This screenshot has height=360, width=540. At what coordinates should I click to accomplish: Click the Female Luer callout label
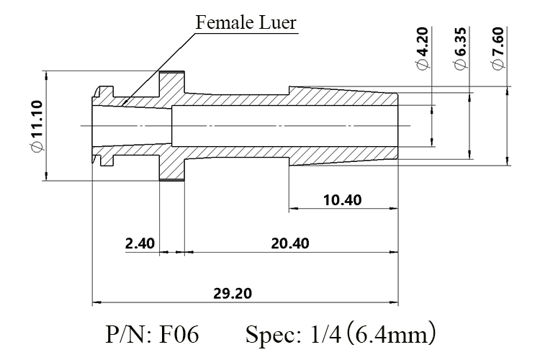(x=246, y=23)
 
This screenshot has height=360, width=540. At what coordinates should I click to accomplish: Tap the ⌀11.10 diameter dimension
(x=37, y=126)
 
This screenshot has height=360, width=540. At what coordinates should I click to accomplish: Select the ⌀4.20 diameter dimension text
(x=422, y=48)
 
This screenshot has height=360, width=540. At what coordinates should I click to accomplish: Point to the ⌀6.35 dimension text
(x=460, y=48)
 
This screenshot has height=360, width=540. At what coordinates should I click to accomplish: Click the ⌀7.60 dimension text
(x=498, y=48)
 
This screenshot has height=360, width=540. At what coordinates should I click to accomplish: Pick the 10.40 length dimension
(x=343, y=200)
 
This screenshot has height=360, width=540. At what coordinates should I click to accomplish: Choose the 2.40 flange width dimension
(x=140, y=243)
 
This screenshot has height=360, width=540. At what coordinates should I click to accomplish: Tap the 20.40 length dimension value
(x=290, y=243)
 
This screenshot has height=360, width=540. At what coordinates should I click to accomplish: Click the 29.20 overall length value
(x=233, y=294)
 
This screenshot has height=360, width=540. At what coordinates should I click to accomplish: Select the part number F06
(x=179, y=334)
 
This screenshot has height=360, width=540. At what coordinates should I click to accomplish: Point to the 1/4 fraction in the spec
(x=325, y=334)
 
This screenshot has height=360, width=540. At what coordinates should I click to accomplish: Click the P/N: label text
(x=128, y=334)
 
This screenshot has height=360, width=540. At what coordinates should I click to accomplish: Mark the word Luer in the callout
(x=277, y=23)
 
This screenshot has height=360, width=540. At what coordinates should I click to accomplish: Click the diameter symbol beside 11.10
(x=37, y=146)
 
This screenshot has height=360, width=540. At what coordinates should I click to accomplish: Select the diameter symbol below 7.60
(x=498, y=64)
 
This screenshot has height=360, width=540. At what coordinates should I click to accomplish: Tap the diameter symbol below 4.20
(x=422, y=64)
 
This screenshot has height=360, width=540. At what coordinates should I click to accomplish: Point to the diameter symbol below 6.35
(x=460, y=64)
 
